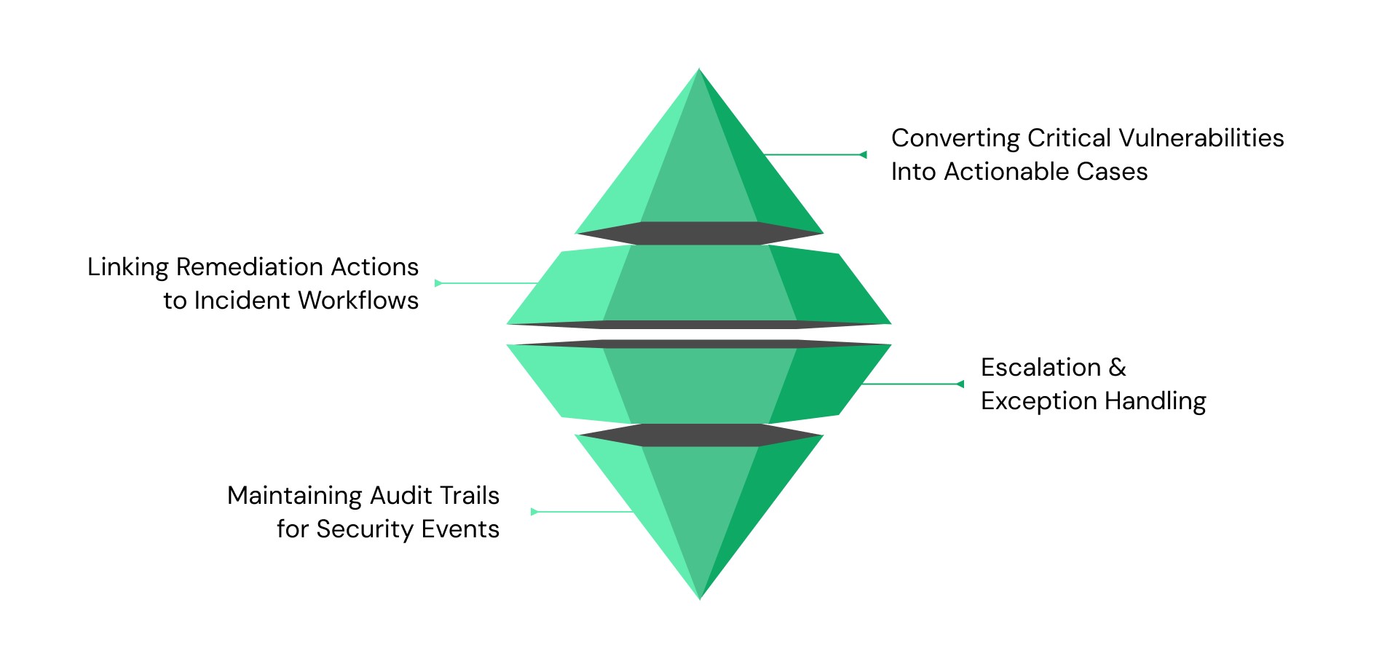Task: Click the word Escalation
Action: [x=1040, y=368]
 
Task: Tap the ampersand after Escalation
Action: [x=1117, y=368]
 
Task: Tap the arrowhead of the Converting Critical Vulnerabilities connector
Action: [x=863, y=154]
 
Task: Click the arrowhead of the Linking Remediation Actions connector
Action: [x=438, y=283]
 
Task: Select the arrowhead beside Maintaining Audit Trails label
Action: [x=534, y=512]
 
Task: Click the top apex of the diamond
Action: [x=699, y=71]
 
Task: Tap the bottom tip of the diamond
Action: [x=700, y=597]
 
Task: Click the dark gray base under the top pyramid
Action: [x=699, y=233]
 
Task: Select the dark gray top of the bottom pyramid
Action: [x=699, y=435]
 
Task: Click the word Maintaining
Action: [x=295, y=496]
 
